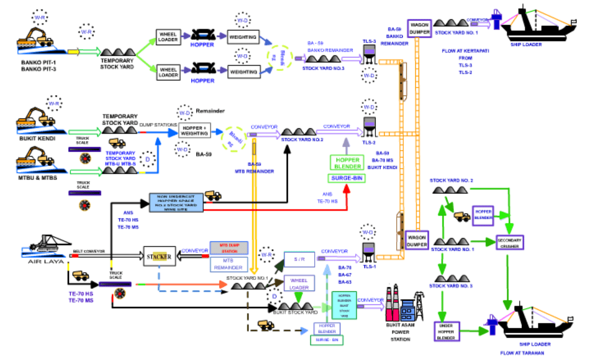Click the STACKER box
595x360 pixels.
click(160, 256)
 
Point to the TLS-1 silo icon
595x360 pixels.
click(369, 251)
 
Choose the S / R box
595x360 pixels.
click(299, 259)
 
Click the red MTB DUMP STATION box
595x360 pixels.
click(229, 247)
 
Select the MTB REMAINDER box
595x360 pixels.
click(229, 264)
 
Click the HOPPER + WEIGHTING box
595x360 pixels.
click(195, 131)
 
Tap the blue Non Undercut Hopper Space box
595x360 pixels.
click(176, 202)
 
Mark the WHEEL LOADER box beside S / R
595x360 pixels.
click(299, 284)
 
